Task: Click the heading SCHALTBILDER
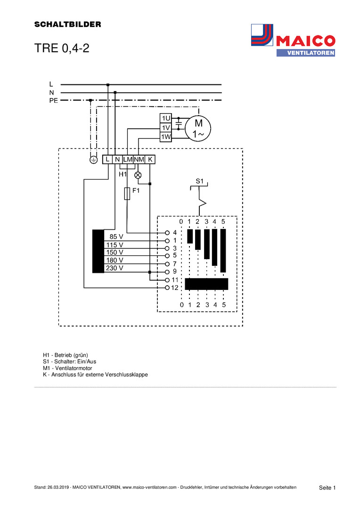pos(67,25)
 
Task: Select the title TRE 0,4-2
pos(62,49)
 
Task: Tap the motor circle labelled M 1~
pos(197,128)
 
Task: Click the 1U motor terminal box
pos(166,118)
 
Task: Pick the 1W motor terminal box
pos(166,137)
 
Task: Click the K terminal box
pos(150,160)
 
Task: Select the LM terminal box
pos(128,160)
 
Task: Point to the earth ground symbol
pos(93,160)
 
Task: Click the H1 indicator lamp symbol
pos(138,175)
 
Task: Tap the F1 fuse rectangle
pos(127,193)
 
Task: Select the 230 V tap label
pos(115,268)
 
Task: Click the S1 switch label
pos(199,181)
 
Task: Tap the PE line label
pos(53,100)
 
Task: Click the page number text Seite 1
pos(327,487)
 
